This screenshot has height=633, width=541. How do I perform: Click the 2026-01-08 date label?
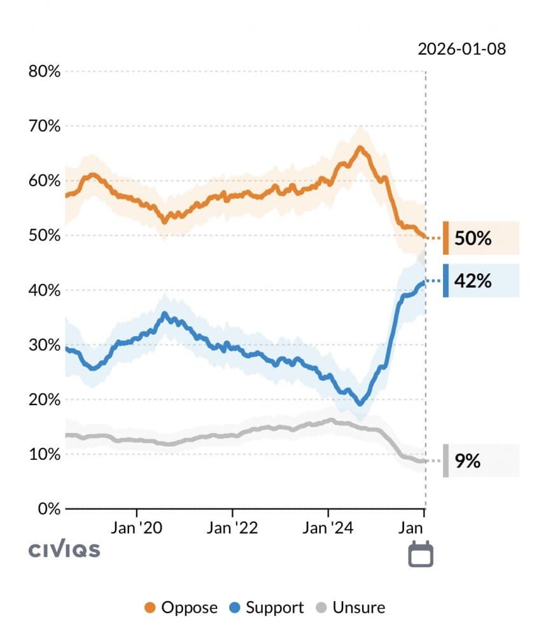(x=462, y=49)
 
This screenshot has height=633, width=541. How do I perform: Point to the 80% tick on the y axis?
(x=45, y=71)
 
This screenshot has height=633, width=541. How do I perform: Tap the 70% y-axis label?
(x=45, y=126)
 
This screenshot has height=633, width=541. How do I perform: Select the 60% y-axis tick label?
(x=45, y=181)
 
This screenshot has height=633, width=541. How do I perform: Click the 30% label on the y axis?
(x=45, y=345)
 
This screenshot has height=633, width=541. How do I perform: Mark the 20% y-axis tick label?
(x=45, y=400)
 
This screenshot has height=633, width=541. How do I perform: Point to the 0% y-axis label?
(x=48, y=509)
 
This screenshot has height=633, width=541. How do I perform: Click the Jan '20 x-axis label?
(x=137, y=528)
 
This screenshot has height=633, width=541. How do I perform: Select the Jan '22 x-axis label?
(x=233, y=528)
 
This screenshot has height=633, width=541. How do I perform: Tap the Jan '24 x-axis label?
(x=328, y=528)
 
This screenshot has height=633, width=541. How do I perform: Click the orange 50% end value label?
(x=473, y=239)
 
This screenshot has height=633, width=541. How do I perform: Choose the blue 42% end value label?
(x=473, y=281)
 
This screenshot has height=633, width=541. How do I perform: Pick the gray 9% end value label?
(x=468, y=460)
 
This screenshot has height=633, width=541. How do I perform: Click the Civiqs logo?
(x=64, y=550)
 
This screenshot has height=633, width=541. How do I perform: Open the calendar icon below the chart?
(x=420, y=553)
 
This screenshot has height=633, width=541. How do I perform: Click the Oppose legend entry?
(x=181, y=608)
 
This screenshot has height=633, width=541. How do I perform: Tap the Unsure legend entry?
(x=351, y=608)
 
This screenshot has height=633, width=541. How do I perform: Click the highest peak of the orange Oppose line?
(x=360, y=148)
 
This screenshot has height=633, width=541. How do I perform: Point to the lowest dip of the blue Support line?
(x=360, y=404)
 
